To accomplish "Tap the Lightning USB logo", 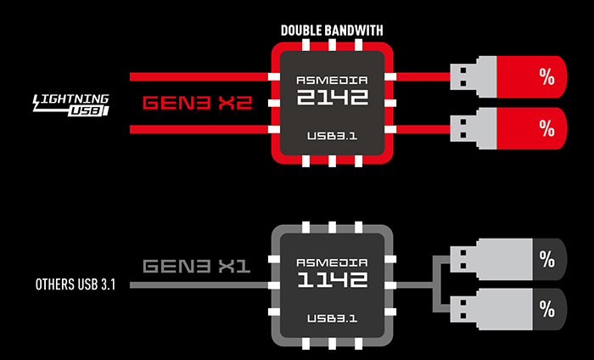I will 70,104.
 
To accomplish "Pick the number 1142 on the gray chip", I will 332,278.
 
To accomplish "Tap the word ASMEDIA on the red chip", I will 332,81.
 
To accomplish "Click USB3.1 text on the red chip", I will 332,137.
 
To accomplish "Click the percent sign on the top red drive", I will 546,76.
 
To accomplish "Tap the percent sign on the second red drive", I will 546,128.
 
